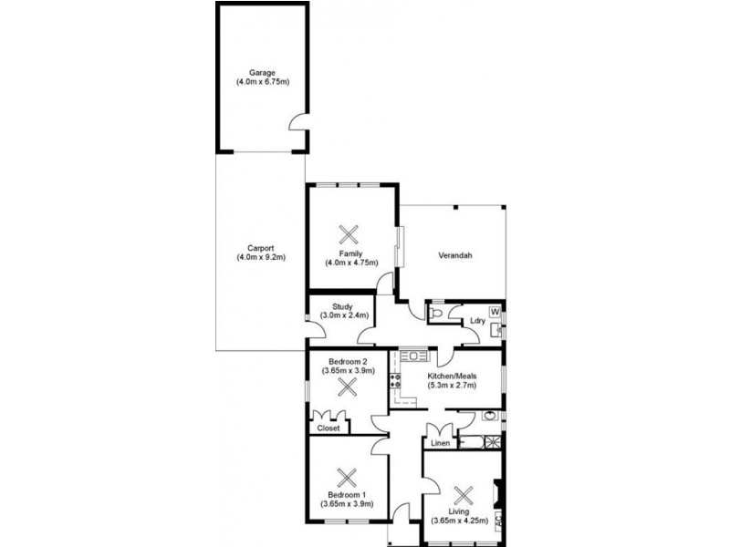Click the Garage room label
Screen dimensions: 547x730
tap(262, 73)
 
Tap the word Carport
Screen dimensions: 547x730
tap(261, 247)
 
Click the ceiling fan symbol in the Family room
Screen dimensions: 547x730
tap(346, 232)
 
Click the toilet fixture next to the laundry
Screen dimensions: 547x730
tap(436, 314)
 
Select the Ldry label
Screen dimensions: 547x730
tap(476, 321)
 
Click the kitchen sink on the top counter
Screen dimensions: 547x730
tap(412, 354)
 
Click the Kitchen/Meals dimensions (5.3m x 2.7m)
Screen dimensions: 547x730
tap(448, 385)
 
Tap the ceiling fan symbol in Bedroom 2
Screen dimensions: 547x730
tap(346, 387)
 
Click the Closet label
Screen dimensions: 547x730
tap(328, 427)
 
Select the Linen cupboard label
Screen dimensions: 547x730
tap(441, 443)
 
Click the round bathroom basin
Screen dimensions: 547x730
tap(489, 417)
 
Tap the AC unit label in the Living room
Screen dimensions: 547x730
tap(498, 527)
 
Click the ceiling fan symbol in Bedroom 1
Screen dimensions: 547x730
tap(346, 476)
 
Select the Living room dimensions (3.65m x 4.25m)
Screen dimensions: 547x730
tap(463, 521)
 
